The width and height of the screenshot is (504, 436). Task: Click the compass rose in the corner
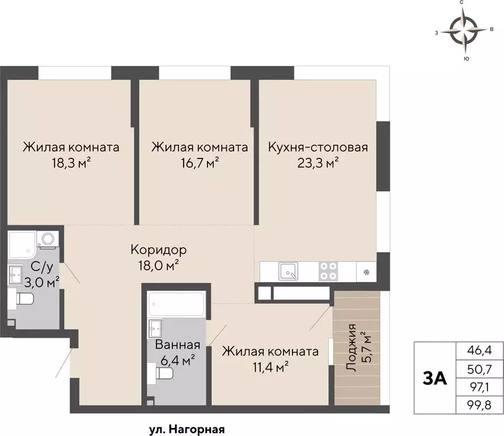tap(464, 31)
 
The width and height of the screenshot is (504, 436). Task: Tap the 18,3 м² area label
tap(71, 163)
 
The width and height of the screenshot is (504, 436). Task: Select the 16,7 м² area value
tap(200, 163)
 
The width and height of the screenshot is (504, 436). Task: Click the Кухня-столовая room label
tap(318, 148)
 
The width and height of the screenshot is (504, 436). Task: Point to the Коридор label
tap(159, 249)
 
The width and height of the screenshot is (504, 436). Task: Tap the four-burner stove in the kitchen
tap(328, 270)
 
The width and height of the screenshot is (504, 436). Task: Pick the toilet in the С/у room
tap(24, 299)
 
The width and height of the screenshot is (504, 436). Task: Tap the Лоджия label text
tap(353, 347)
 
